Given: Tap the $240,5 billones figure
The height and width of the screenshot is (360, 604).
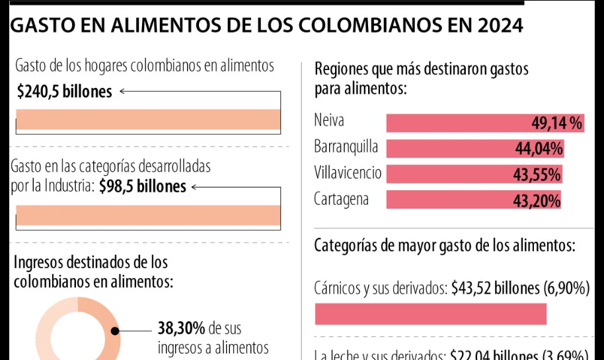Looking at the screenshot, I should tap(64, 92).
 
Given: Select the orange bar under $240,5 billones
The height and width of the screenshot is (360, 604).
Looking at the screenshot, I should tap(148, 120).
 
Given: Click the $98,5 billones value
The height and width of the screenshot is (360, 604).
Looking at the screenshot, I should tap(143, 187).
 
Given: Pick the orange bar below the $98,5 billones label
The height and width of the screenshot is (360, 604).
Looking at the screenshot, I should tap(148, 215).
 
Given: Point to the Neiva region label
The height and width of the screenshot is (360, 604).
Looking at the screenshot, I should tap(330, 121).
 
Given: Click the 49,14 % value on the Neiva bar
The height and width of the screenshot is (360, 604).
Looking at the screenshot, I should tap(556, 124).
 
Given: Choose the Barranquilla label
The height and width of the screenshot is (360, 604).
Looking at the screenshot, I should tap(346, 147).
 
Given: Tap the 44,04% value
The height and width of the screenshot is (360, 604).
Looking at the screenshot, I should tap(539, 149).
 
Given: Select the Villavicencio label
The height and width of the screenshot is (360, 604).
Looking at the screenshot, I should tap(348, 173).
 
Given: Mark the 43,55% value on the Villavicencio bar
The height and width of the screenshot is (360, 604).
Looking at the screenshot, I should tap(537, 175).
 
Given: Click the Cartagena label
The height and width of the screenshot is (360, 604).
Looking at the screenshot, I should tap(342, 199).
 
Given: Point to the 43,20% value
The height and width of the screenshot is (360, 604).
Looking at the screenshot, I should tap(537, 201).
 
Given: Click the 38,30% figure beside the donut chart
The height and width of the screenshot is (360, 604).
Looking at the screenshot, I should tap(181, 328).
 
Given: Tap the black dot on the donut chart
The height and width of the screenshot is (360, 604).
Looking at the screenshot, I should tap(115, 331).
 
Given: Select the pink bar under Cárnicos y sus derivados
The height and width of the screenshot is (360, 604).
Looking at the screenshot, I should tap(431, 314).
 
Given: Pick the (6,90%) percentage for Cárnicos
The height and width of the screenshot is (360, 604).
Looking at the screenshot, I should tap(566, 288).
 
